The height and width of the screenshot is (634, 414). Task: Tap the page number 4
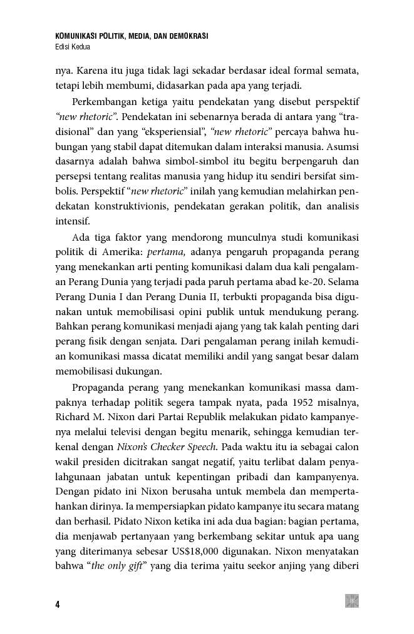click(x=57, y=605)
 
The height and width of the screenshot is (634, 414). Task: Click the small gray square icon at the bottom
click(x=352, y=601)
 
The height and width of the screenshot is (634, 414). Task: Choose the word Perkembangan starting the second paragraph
click(x=108, y=102)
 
